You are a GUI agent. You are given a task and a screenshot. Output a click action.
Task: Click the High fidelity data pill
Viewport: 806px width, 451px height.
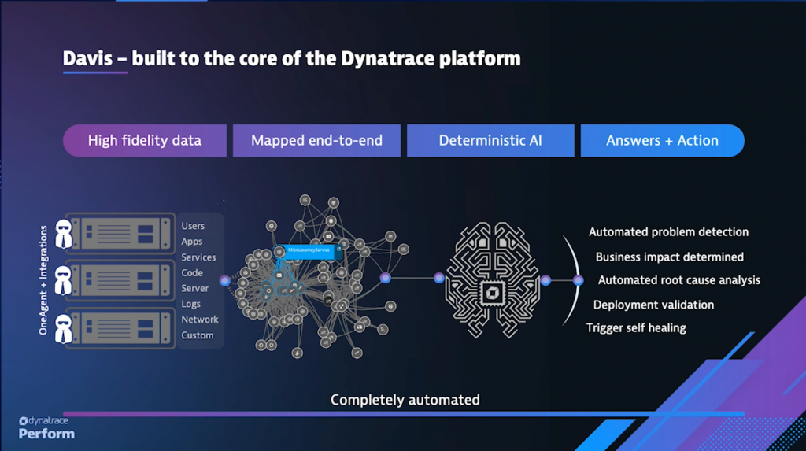pos(145,141)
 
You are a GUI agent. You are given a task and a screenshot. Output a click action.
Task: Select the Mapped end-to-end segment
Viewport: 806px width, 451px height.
pos(316,141)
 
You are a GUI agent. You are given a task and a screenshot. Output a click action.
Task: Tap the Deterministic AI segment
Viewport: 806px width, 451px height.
pos(490,141)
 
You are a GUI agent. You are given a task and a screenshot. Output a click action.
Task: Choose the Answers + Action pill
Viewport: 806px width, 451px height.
pos(662,141)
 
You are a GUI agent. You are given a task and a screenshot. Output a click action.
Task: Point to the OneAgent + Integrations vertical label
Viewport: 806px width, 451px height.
pos(44,280)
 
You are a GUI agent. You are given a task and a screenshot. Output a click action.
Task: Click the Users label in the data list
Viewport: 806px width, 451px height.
pos(193,226)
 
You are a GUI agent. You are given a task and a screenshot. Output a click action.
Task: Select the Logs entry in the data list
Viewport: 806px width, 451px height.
pos(191,304)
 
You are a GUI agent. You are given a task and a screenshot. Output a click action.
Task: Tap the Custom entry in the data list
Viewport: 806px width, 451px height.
pos(198,335)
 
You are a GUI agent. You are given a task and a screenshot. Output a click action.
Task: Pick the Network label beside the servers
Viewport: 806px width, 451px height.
pos(200,320)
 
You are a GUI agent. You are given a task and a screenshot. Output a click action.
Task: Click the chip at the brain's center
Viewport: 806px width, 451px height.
pos(491,294)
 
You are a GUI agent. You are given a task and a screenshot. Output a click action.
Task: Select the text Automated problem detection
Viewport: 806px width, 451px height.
pos(668,232)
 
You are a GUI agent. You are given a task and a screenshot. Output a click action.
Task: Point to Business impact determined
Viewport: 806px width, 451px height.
pos(669,257)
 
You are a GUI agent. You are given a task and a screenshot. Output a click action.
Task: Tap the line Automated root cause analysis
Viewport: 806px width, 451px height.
pos(678,280)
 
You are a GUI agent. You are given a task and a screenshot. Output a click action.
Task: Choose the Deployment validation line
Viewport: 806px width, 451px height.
pos(653,305)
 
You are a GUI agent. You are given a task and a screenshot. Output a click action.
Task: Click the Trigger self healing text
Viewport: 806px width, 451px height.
pos(636,327)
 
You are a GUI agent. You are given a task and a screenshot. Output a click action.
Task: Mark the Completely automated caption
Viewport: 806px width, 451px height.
pos(405,400)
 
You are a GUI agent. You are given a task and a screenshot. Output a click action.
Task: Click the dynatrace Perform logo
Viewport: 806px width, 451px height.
pos(46,427)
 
